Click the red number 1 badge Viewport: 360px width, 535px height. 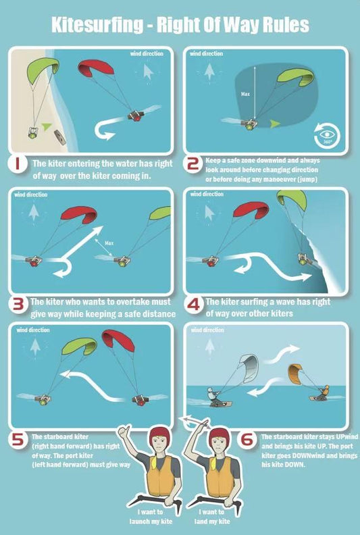coord(17,164)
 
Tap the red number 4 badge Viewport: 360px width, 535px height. coord(193,304)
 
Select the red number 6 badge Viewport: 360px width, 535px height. coord(247,440)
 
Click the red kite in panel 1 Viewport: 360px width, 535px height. coord(95,68)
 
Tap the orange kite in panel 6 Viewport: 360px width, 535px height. coord(294,374)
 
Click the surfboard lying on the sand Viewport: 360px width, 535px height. coord(59,137)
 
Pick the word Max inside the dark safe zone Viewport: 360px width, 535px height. coord(245,94)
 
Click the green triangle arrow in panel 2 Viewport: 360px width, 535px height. coord(275,124)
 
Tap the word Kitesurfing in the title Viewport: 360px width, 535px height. coord(97,25)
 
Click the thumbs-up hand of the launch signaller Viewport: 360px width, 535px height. coord(124,431)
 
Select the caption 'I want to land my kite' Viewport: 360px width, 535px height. coord(212,516)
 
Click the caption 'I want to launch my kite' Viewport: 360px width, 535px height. coord(151,516)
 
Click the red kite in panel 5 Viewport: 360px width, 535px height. coord(118,340)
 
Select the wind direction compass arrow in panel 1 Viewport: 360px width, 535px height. coord(148,72)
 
